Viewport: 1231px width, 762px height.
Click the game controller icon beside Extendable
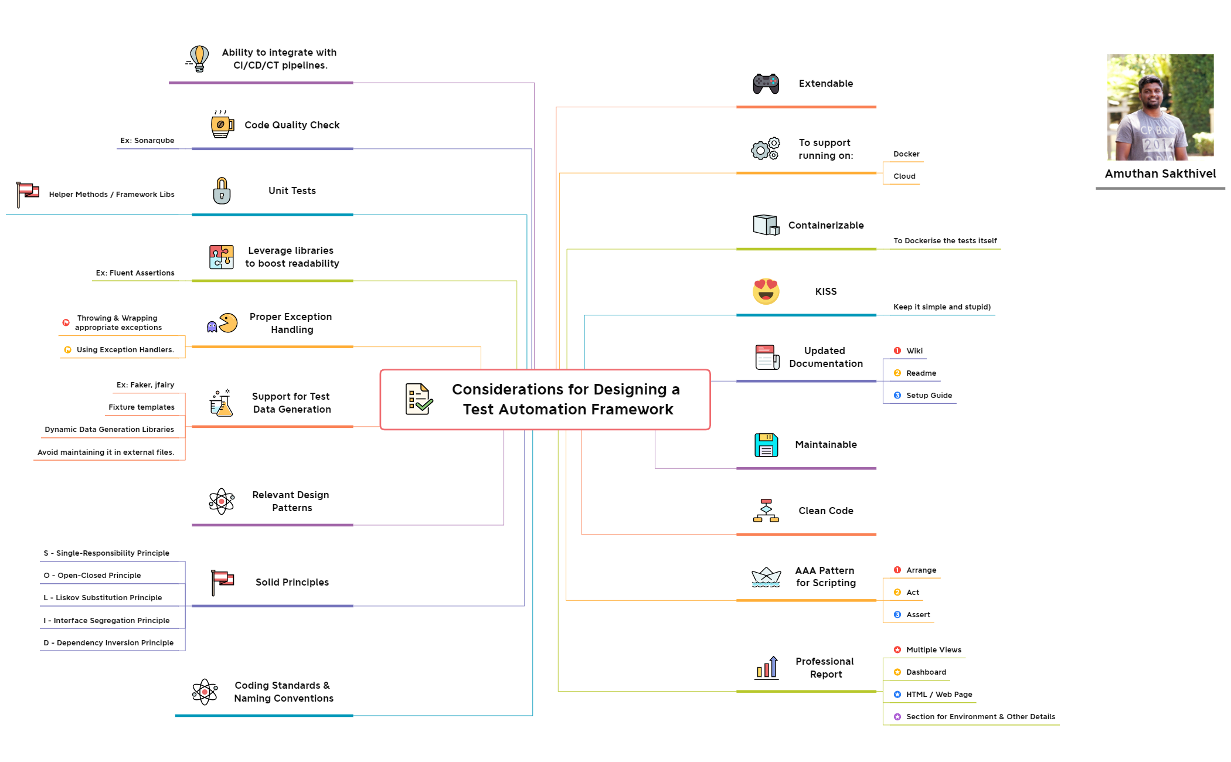click(766, 84)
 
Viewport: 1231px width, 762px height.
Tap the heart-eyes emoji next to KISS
click(766, 291)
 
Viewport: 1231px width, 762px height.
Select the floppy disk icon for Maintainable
click(766, 445)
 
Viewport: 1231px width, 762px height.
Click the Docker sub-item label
click(906, 154)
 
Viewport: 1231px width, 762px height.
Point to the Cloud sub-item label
click(904, 176)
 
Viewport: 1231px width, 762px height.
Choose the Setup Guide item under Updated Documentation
click(929, 396)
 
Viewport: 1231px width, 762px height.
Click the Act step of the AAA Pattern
click(912, 593)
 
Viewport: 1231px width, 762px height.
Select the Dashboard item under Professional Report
click(926, 672)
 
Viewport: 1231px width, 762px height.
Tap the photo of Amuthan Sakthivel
click(1159, 107)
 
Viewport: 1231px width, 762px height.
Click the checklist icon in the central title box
click(419, 399)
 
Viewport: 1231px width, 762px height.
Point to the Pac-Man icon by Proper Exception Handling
click(227, 323)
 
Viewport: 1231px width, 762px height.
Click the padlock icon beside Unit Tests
click(222, 191)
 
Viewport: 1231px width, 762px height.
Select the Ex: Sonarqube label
click(147, 141)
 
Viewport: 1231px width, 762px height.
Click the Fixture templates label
click(141, 407)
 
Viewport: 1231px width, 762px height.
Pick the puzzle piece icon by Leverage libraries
click(221, 257)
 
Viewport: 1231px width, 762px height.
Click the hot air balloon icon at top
click(199, 59)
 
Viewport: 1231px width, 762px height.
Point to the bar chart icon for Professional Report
click(767, 668)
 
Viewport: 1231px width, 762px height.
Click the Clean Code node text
click(825, 511)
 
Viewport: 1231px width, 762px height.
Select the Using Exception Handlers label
click(125, 350)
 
